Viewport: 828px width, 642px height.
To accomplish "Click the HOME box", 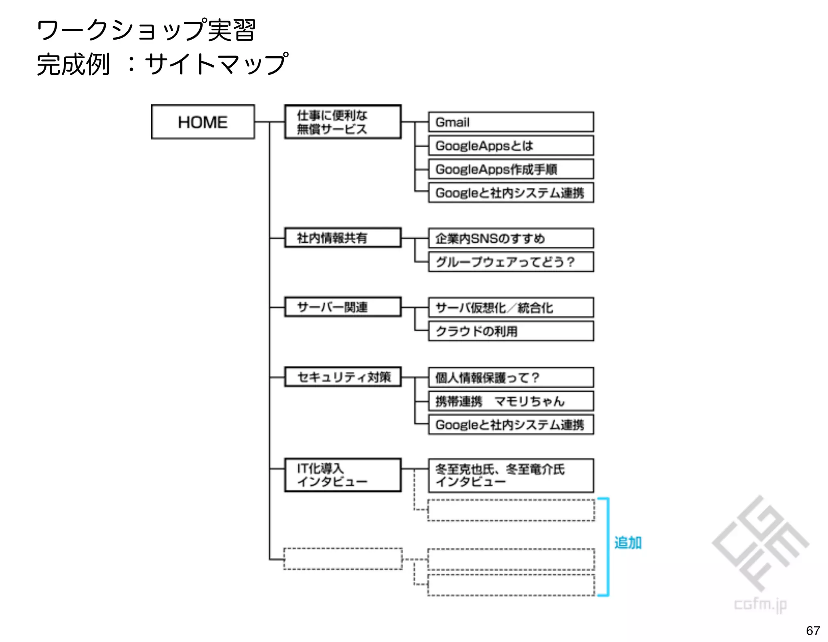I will coord(203,122).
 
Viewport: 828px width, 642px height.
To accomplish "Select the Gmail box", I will coord(511,122).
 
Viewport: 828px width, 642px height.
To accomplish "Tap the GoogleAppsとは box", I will coord(511,146).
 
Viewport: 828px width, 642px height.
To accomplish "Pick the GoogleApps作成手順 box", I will coord(511,169).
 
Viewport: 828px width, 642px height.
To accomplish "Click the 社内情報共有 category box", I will coord(342,238).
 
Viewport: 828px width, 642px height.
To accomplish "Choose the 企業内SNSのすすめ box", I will coord(511,238).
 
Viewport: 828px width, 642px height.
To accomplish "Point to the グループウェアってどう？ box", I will coord(511,262).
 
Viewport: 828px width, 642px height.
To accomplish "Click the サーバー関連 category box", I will coord(342,307).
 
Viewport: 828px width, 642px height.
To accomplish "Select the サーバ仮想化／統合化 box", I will coord(511,308).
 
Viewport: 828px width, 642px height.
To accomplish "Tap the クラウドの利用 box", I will coord(511,331).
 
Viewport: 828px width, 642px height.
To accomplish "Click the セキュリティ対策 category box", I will coord(342,377).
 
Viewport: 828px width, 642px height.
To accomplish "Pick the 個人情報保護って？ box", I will coord(511,377).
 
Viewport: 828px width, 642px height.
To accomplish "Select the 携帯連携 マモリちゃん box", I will coord(511,401).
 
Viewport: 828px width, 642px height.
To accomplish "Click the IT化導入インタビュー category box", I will coord(342,475).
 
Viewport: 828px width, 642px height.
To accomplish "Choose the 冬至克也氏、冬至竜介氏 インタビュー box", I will coord(511,475).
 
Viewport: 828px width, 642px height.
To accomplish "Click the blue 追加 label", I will coord(627,542).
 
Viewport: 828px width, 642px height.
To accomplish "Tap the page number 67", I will coord(813,630).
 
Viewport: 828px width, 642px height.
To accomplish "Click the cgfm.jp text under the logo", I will coord(760,604).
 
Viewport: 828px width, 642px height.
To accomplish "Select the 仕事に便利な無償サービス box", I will coord(342,122).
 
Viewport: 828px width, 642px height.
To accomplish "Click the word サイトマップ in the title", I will coord(216,64).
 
